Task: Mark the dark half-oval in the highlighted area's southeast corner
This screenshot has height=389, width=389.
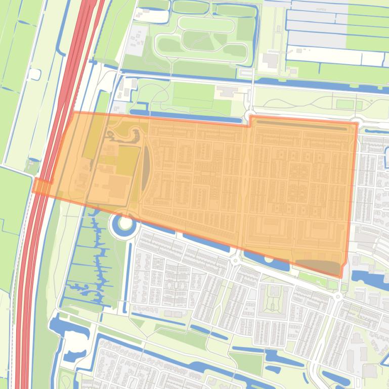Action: click(x=318, y=266)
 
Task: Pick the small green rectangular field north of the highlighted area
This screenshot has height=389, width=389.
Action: click(x=345, y=105)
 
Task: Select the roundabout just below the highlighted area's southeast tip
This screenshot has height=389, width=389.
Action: click(x=337, y=297)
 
